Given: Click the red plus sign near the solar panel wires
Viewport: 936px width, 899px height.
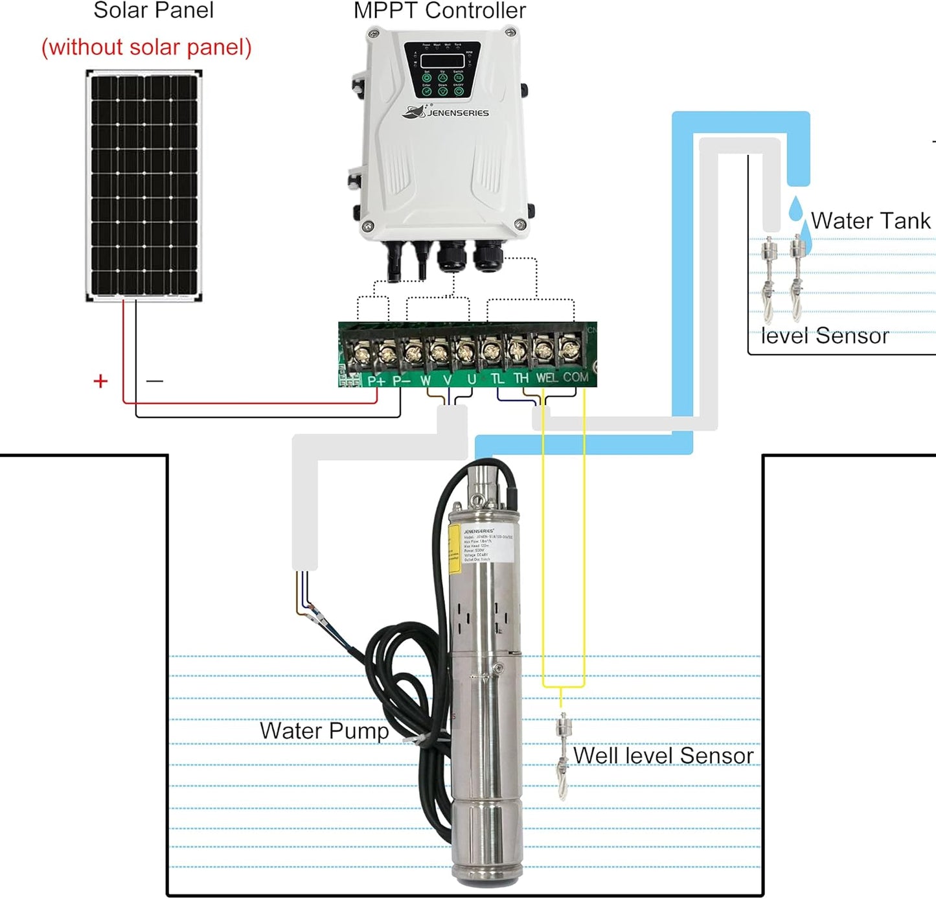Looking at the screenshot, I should coord(100,381).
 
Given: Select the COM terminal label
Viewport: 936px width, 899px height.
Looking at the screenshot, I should coord(575,377).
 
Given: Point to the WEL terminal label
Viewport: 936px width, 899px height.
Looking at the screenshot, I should coord(546,378).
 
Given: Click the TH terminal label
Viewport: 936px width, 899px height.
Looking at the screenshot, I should coord(520,378).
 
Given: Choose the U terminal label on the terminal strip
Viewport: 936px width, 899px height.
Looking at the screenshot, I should coord(471,379).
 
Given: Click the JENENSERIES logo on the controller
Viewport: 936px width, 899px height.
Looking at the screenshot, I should coord(446,113).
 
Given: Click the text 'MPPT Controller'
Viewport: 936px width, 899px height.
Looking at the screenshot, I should coord(439,11).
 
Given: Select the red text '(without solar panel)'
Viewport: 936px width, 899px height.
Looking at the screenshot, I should coord(146,47).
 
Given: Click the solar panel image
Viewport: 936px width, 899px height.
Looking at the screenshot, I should coord(144,185).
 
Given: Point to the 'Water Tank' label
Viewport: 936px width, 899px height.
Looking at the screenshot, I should coord(870,221).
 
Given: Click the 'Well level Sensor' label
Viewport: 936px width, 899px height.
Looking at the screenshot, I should coord(663,756).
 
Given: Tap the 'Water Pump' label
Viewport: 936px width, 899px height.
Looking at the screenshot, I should coord(324,730).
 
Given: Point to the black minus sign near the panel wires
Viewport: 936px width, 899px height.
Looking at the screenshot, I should coord(154,381).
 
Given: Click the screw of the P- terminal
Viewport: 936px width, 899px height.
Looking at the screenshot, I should coord(387,353).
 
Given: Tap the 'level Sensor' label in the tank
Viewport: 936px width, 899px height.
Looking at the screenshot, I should coord(824,336).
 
